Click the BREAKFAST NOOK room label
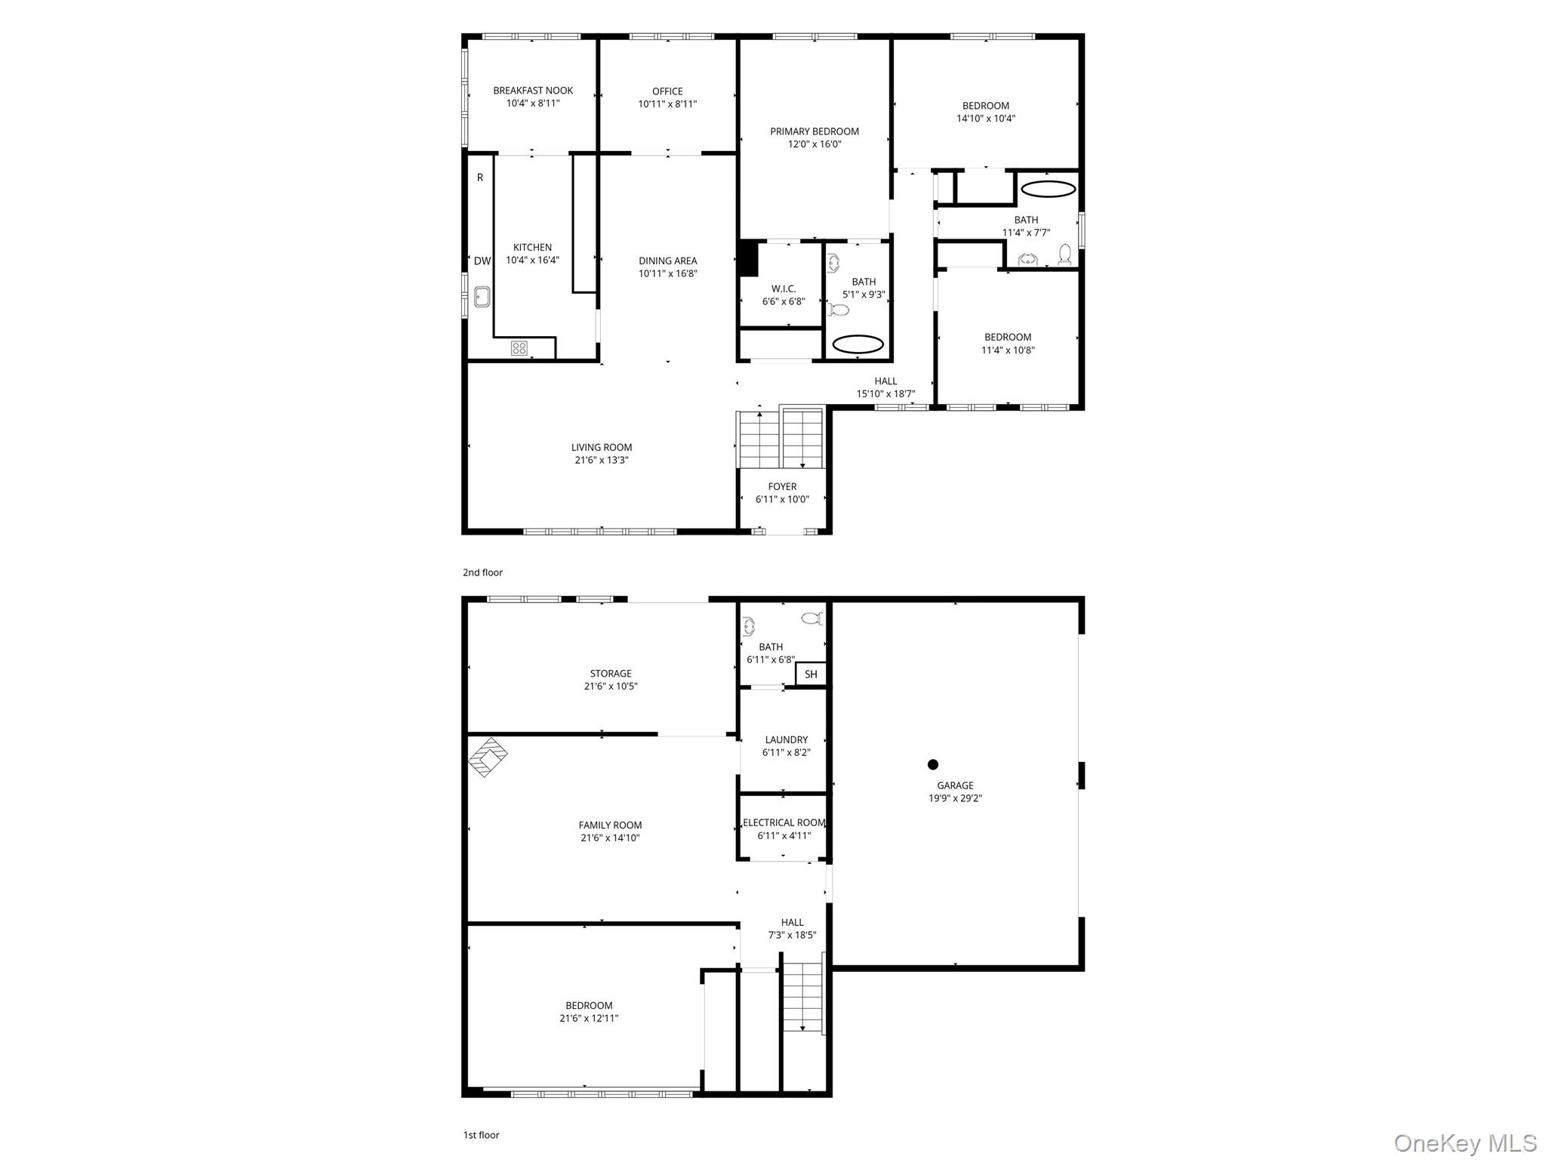[533, 91]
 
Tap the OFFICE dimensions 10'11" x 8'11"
[667, 104]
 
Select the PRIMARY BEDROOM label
[815, 131]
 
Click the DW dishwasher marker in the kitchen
[482, 261]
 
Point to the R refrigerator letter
[480, 177]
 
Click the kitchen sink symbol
[482, 297]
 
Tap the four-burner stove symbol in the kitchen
[519, 348]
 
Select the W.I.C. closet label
[784, 288]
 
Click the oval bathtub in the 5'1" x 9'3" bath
[858, 344]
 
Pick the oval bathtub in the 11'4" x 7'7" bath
[1048, 189]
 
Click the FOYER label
[782, 486]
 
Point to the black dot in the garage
[933, 764]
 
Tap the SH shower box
[811, 674]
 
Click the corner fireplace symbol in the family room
[488, 757]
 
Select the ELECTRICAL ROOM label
[784, 822]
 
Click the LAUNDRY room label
[786, 739]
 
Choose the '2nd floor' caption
[482, 572]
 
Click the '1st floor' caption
[481, 1134]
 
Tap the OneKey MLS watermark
[1464, 1143]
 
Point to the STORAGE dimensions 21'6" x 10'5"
[611, 686]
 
